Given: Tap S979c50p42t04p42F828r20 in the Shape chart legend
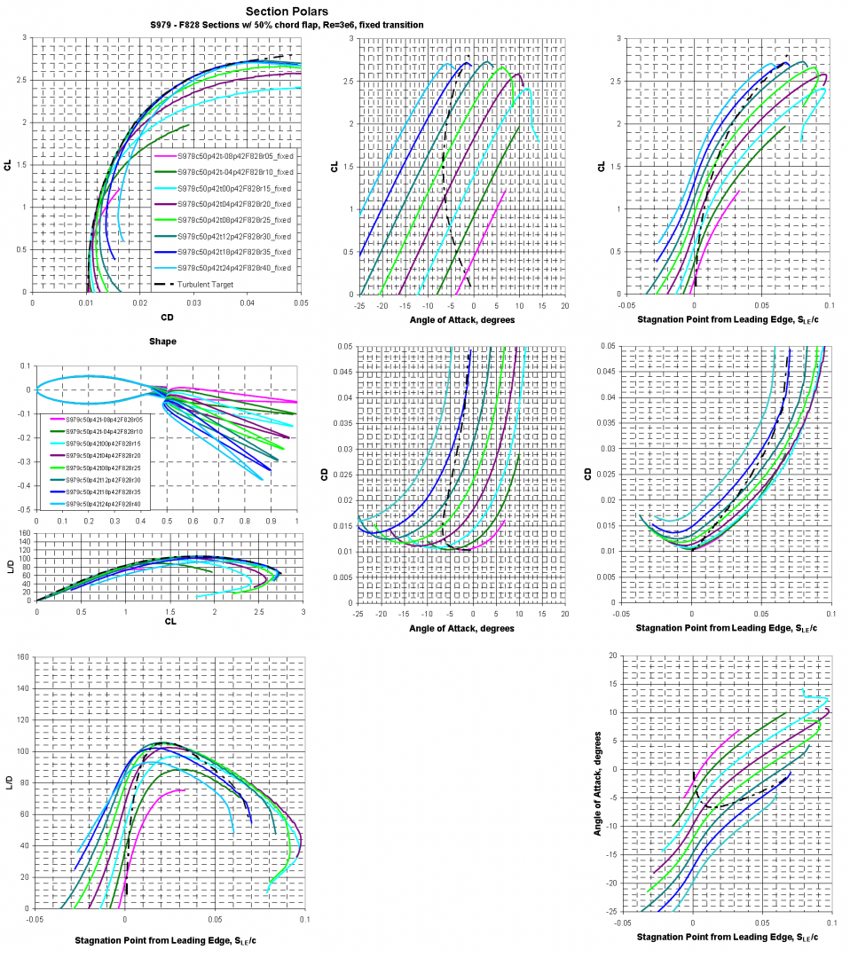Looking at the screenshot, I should click(x=97, y=453).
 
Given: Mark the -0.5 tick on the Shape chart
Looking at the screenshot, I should click(x=24, y=510).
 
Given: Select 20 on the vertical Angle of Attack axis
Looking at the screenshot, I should click(x=611, y=656).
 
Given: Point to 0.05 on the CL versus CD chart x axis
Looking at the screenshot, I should click(x=301, y=302).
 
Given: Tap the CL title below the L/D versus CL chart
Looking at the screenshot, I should click(x=169, y=621).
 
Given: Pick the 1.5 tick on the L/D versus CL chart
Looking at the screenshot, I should click(x=169, y=610).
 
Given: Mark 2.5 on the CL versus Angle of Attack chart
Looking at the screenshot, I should click(x=345, y=82).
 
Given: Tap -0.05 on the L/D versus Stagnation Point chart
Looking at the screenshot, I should click(x=35, y=920).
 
